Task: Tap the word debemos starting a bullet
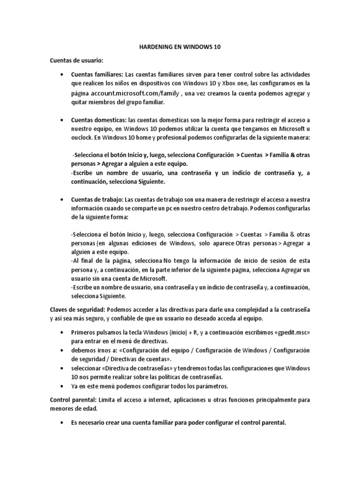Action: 83,350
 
